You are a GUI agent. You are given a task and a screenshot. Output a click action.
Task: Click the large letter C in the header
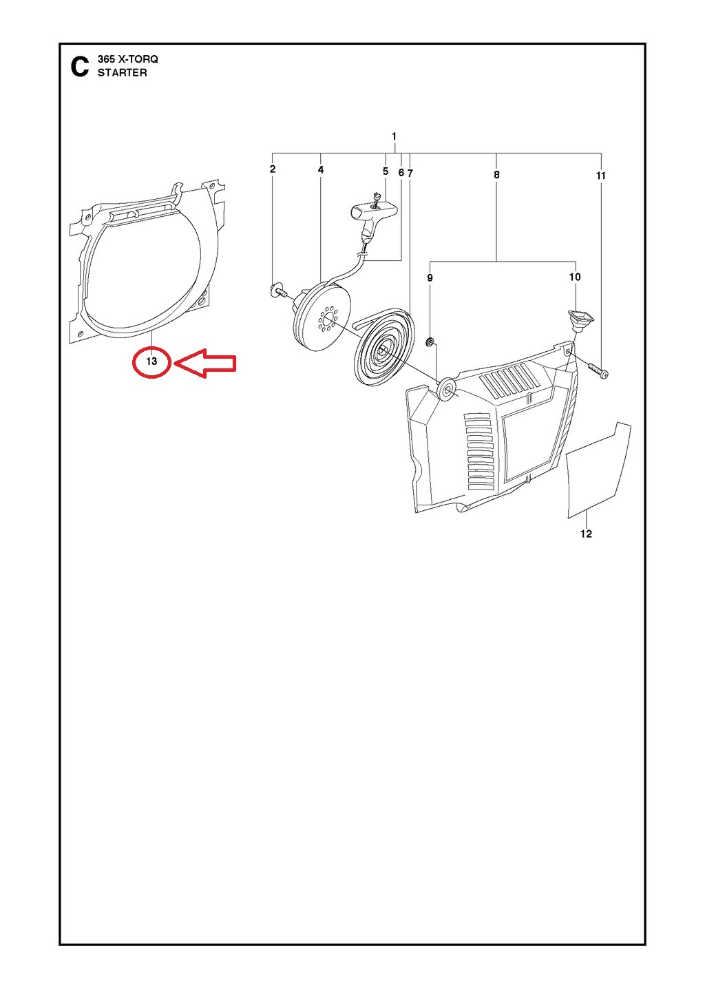click(79, 67)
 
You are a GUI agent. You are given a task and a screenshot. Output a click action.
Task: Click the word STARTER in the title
click(123, 73)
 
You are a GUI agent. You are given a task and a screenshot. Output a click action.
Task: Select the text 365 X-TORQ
click(127, 59)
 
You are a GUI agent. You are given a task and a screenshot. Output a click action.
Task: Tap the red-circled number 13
click(151, 361)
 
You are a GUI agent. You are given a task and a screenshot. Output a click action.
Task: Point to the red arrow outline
click(206, 363)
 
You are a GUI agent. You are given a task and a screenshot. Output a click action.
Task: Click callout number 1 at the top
click(394, 136)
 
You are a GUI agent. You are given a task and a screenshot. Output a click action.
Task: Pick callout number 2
click(273, 169)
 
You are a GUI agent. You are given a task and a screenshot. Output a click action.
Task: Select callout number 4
click(321, 170)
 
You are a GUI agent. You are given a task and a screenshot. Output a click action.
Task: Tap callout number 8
click(496, 175)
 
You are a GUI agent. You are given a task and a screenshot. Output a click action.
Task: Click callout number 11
click(601, 176)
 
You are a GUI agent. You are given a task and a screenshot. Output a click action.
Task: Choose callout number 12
click(586, 534)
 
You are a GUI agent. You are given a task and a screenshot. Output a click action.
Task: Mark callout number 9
click(430, 278)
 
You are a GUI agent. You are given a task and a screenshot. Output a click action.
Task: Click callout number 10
click(575, 277)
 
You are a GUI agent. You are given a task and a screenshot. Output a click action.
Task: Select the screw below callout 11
click(596, 369)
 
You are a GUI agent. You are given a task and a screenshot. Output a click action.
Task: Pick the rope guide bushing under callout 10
click(580, 319)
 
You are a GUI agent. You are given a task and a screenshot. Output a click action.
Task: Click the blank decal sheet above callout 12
click(599, 470)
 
